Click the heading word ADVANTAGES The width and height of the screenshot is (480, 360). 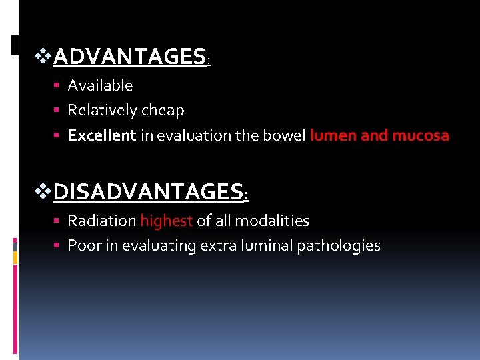[129, 57]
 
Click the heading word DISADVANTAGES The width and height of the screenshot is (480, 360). [149, 193]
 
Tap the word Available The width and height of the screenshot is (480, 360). [100, 85]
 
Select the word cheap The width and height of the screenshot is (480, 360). [163, 111]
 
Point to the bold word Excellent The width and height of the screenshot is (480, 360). [101, 135]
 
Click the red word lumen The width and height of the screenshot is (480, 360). [333, 135]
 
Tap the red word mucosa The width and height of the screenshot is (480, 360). [421, 135]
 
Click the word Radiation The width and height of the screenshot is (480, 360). [101, 221]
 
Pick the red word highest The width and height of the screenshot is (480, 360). [166, 221]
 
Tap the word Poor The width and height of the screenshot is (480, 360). [82, 246]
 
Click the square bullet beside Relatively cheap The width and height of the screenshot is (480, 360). [58, 111]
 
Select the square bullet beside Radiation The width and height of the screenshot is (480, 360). [58, 221]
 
